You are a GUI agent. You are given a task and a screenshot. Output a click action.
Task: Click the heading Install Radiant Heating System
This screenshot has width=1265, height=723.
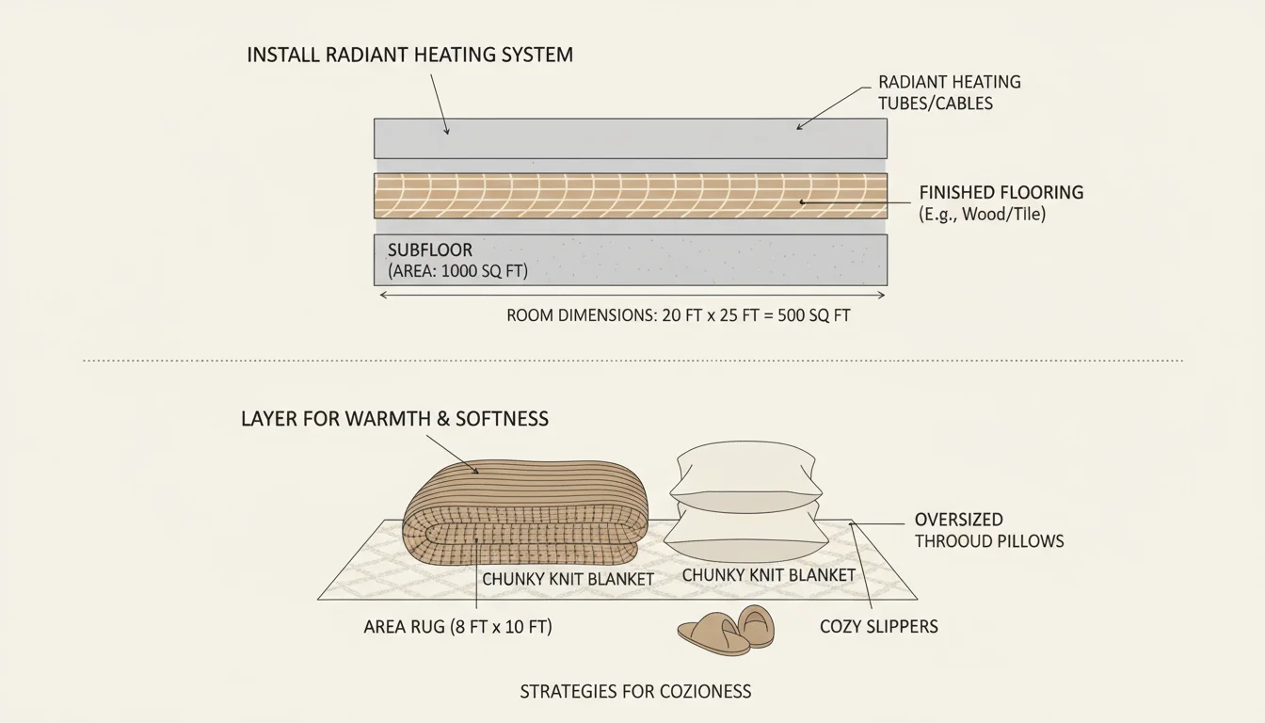(409, 55)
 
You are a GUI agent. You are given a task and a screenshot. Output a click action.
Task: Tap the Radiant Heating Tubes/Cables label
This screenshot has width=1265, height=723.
(949, 92)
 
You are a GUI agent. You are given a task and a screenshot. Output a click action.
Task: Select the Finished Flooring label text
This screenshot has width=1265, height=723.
(1001, 193)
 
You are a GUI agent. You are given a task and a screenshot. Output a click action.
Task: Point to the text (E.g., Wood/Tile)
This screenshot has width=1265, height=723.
(982, 215)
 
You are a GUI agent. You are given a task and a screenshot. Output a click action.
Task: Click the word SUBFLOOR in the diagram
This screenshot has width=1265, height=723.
(429, 250)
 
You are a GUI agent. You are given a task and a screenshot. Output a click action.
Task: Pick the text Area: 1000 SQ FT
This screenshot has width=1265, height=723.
(457, 272)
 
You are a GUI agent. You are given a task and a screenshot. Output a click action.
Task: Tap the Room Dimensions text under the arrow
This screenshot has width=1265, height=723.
(678, 316)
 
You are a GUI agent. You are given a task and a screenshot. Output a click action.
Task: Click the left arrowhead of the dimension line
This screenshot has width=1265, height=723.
(380, 295)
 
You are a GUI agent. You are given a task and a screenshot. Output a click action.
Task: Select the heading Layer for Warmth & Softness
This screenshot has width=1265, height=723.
(394, 419)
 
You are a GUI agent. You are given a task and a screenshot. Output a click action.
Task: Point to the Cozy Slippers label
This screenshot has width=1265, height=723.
(878, 626)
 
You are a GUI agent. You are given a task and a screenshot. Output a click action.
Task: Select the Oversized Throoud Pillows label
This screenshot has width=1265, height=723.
(988, 530)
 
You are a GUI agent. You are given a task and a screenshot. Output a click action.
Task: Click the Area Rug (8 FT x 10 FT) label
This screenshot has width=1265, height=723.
(457, 626)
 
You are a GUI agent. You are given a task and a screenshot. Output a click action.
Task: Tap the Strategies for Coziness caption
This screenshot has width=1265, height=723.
(635, 692)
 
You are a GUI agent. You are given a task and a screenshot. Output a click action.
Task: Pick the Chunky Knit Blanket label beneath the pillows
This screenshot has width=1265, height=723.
(768, 574)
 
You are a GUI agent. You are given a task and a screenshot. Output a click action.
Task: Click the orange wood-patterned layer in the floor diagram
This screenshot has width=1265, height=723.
(631, 196)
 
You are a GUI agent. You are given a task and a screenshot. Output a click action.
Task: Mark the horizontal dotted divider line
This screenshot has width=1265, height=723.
(632, 360)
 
